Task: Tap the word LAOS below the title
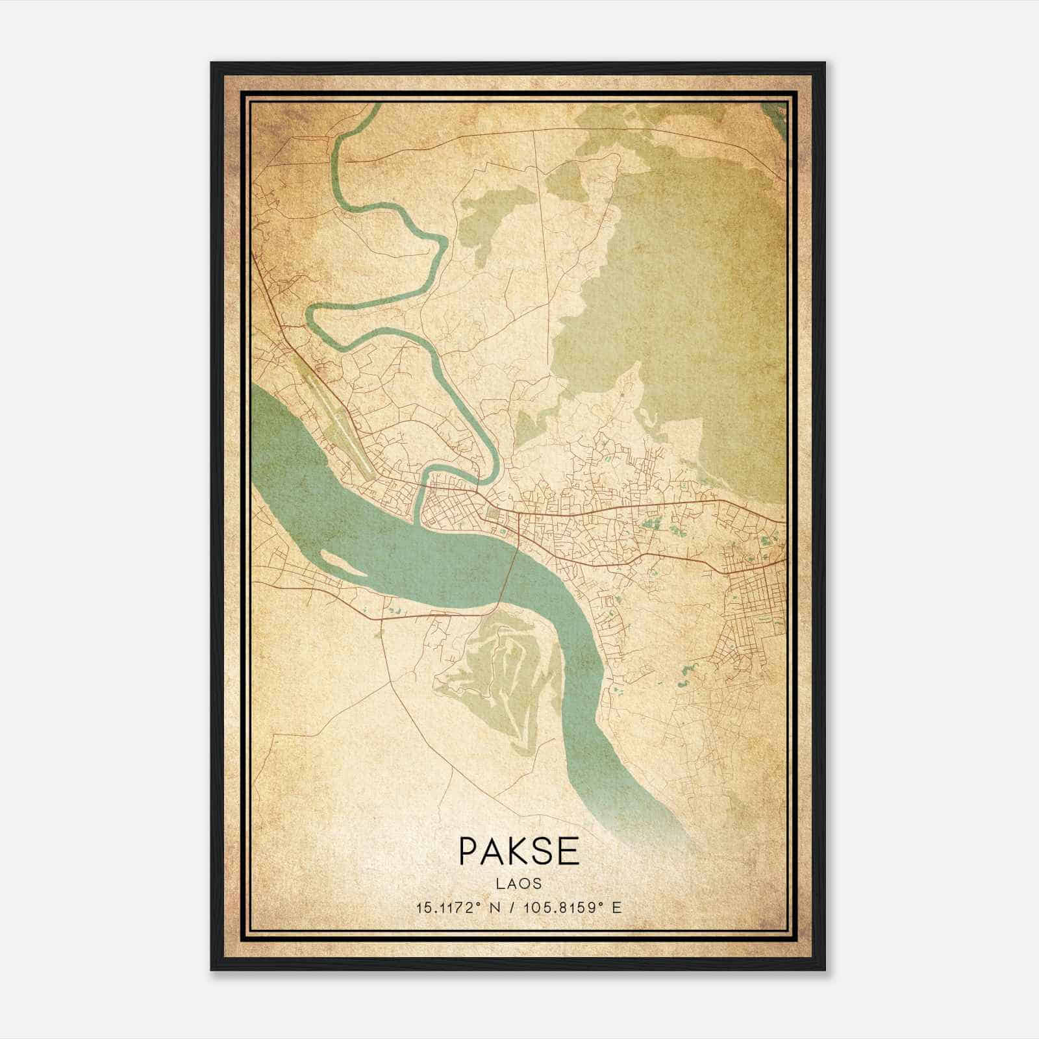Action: pos(519,883)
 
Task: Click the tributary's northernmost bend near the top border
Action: pos(370,107)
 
